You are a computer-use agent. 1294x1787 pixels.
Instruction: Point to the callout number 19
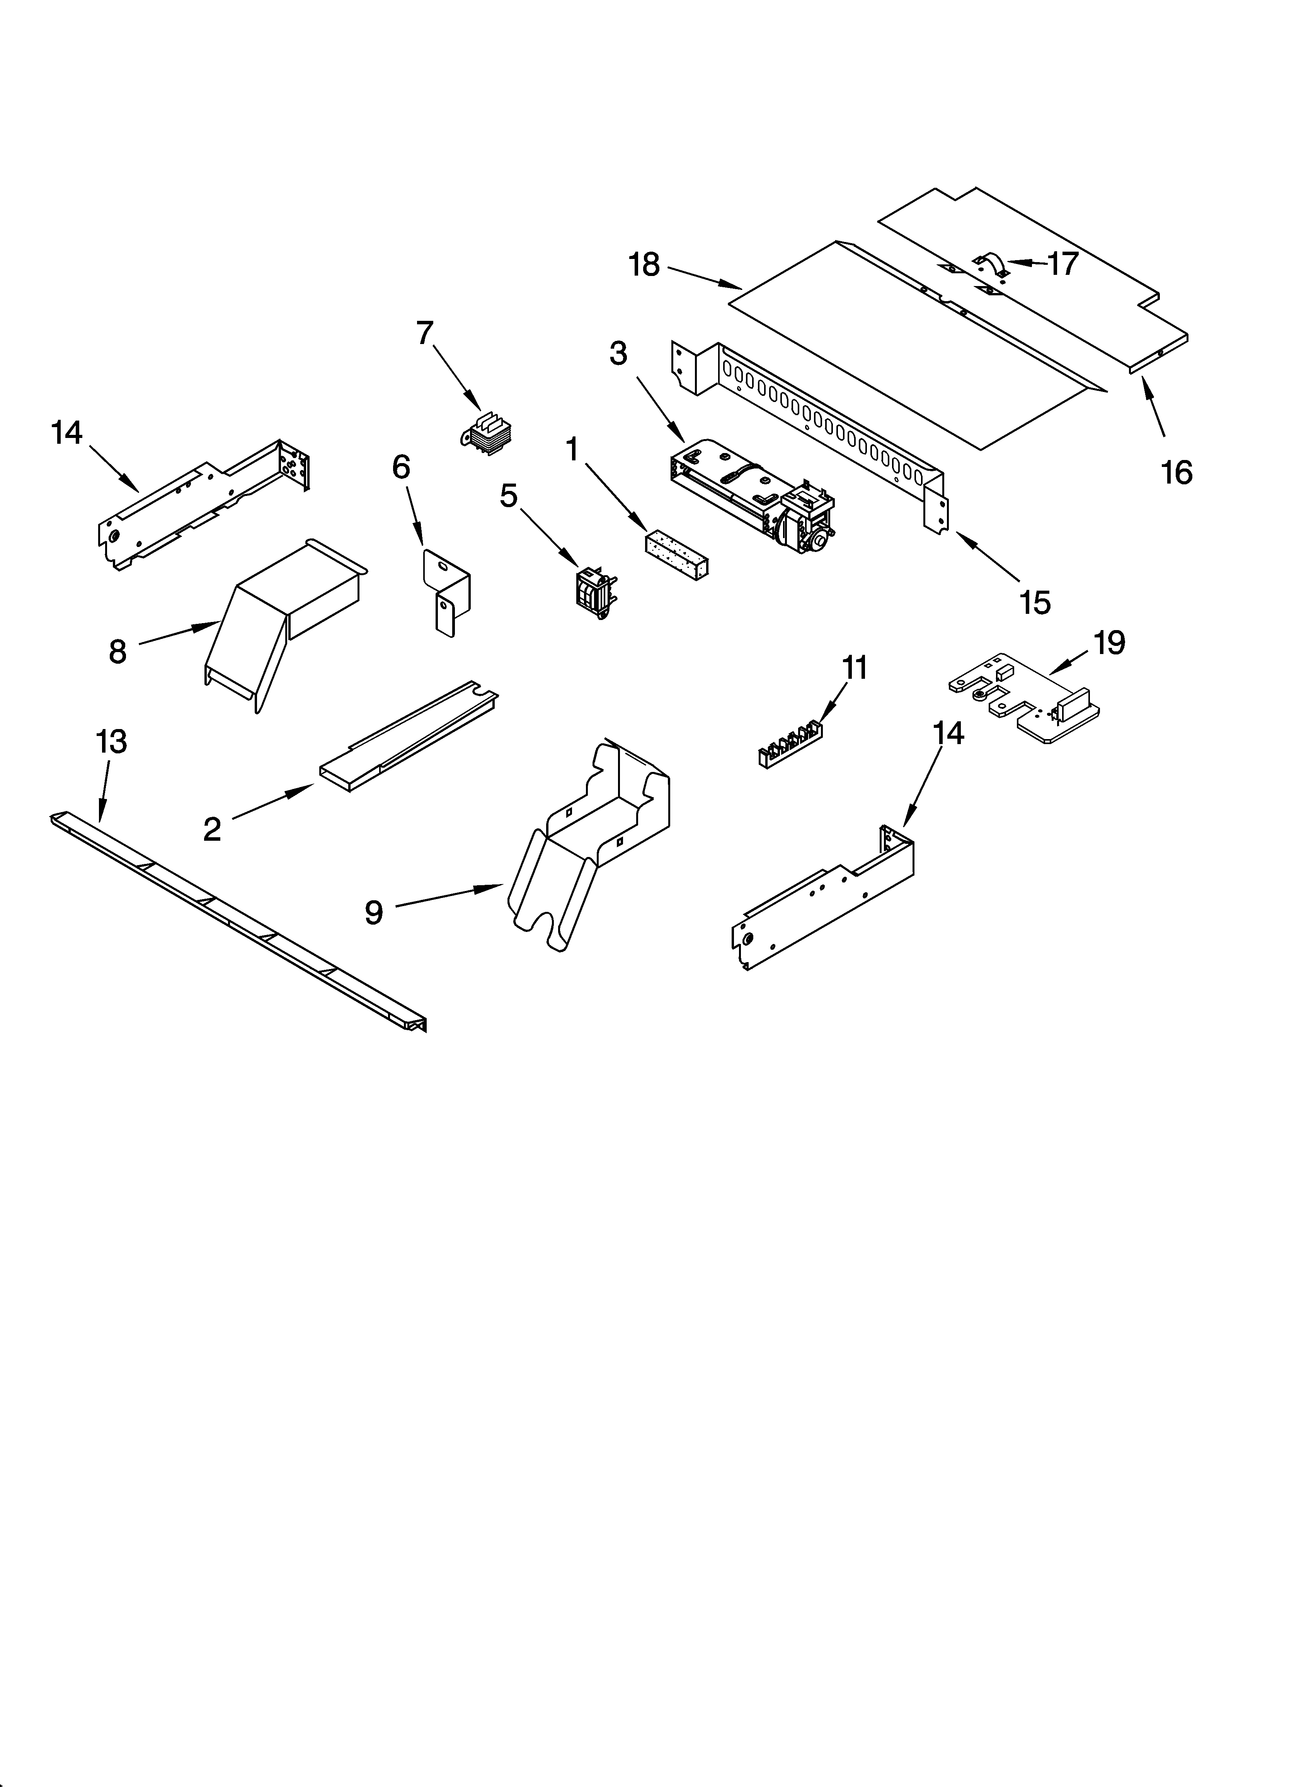click(x=1109, y=644)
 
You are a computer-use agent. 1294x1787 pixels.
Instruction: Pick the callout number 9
click(x=373, y=912)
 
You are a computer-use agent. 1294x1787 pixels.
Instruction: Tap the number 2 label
click(x=212, y=830)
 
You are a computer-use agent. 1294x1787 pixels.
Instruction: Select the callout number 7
click(x=425, y=334)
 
